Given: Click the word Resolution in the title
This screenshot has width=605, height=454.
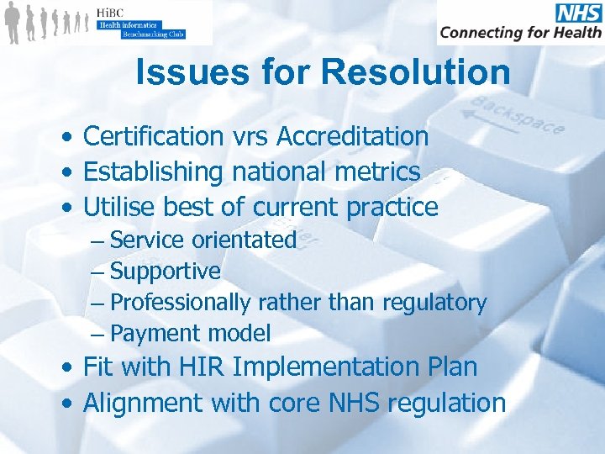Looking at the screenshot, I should point(415,72).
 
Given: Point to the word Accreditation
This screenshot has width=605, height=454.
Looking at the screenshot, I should point(353,136).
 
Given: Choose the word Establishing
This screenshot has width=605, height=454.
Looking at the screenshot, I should point(154,172).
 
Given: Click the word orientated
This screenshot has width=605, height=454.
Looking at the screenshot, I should point(244,240).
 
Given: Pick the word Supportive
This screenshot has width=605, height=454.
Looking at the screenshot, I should point(165,272).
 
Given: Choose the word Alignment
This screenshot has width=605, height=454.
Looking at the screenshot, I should point(144,404).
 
